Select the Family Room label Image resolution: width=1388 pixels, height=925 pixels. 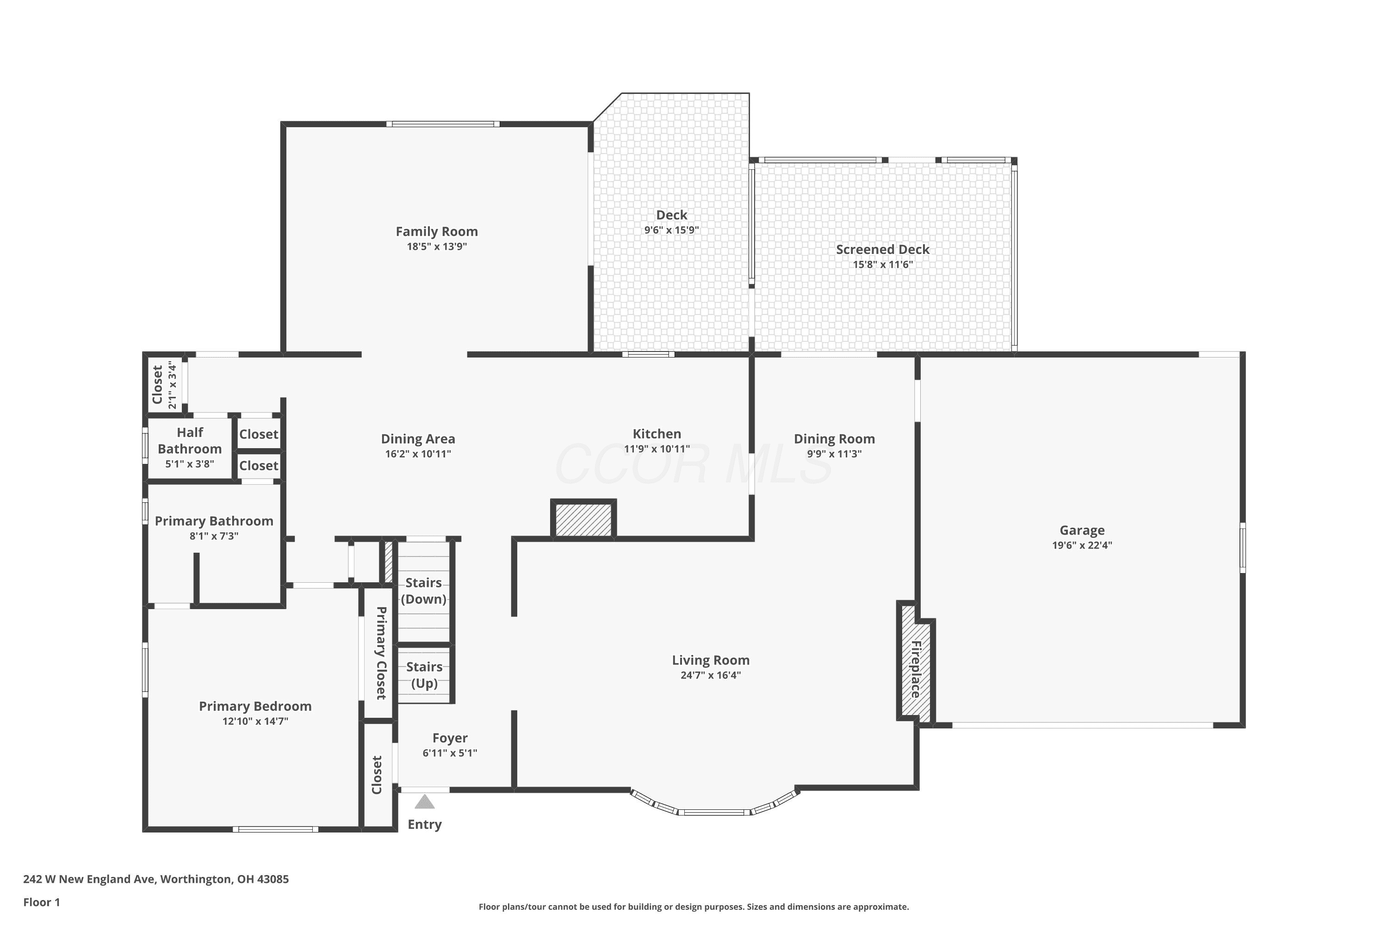(x=437, y=231)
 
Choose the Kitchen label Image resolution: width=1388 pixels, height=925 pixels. (x=657, y=434)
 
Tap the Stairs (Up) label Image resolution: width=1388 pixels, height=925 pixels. (x=424, y=675)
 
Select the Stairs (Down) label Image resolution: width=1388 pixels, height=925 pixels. (x=424, y=591)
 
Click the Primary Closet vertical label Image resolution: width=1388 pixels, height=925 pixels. (x=381, y=653)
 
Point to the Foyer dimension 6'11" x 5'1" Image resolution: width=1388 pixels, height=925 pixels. (x=450, y=753)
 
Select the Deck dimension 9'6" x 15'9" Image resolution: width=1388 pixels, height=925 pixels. (x=672, y=230)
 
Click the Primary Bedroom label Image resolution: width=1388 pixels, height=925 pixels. (x=255, y=706)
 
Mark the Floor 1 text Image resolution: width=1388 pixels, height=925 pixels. (x=42, y=902)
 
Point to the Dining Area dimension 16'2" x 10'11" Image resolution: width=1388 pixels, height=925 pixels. (x=418, y=454)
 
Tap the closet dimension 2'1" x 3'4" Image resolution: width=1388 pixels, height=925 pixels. (x=172, y=385)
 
